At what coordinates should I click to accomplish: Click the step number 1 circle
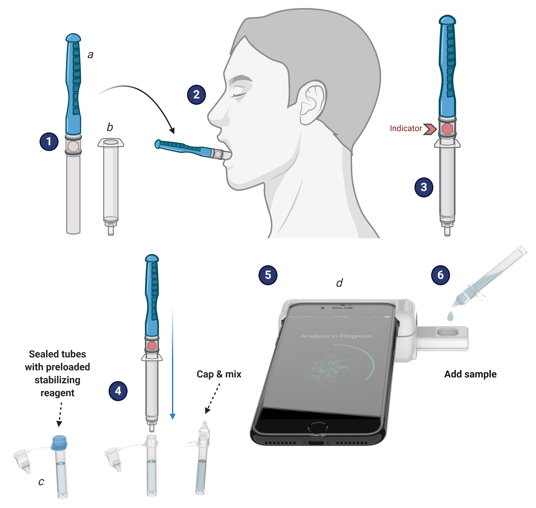[x=49, y=141]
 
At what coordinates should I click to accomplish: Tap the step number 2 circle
[x=196, y=94]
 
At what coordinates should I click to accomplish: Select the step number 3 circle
[x=424, y=187]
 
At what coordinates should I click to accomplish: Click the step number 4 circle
[x=118, y=391]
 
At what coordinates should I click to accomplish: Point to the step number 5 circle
[x=268, y=275]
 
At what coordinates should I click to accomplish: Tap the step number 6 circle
[x=440, y=275]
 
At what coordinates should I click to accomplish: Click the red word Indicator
[x=406, y=128]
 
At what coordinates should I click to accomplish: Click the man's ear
[x=312, y=103]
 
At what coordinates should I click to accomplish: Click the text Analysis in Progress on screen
[x=336, y=336]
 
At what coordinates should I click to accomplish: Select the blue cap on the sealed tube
[x=59, y=443]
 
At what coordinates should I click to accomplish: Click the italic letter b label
[x=110, y=127]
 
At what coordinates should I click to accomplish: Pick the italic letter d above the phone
[x=339, y=283]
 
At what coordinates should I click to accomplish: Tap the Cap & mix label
[x=219, y=374]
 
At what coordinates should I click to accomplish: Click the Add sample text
[x=470, y=374]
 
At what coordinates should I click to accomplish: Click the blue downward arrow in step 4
[x=173, y=363]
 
